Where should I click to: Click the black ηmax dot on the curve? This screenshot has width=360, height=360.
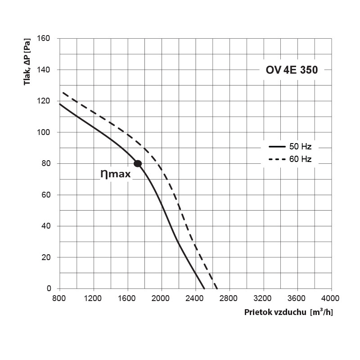click(138, 163)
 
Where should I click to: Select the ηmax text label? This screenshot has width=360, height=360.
click(116, 174)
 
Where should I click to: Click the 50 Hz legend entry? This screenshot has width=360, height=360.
click(290, 147)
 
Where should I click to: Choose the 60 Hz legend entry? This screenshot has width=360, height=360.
click(290, 159)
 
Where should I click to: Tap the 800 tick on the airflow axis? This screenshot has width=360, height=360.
click(59, 298)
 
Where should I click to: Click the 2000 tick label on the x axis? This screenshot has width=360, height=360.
click(161, 298)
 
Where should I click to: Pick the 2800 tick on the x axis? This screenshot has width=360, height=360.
click(229, 298)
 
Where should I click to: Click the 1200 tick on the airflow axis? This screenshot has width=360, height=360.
click(93, 298)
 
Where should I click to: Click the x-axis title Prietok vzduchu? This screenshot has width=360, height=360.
click(275, 312)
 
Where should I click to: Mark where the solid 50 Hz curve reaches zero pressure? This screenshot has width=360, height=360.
click(204, 288)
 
